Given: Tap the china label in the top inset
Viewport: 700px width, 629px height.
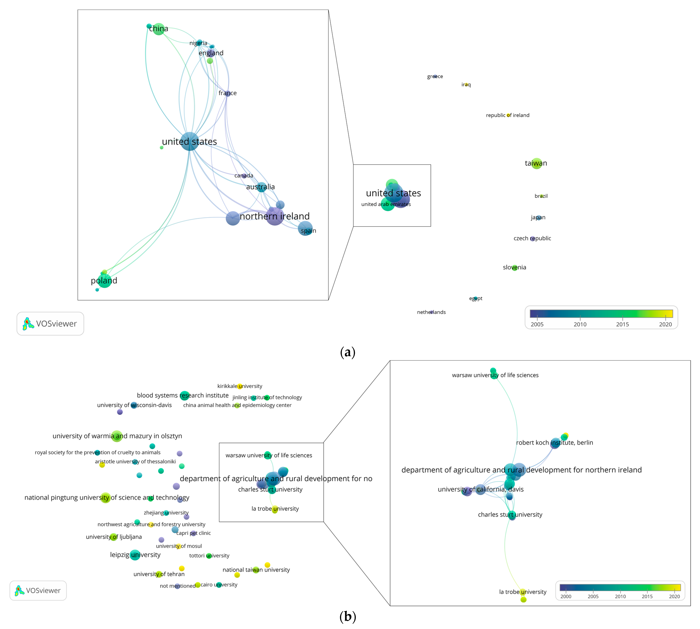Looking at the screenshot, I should click(159, 29).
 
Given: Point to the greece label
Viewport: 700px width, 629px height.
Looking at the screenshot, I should click(435, 76).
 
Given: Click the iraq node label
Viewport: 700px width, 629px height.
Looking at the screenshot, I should click(466, 85).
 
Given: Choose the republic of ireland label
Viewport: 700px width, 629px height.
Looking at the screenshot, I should click(507, 115).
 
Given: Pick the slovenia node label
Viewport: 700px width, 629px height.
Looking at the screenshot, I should click(514, 267).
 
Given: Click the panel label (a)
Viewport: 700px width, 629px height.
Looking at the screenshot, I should click(347, 352).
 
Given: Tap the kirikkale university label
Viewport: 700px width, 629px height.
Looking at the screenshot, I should click(240, 386).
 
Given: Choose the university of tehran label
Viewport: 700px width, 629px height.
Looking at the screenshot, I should click(159, 574).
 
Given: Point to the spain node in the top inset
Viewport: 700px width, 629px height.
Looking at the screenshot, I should click(305, 229).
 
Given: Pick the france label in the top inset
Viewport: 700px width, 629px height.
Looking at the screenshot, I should click(228, 93).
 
